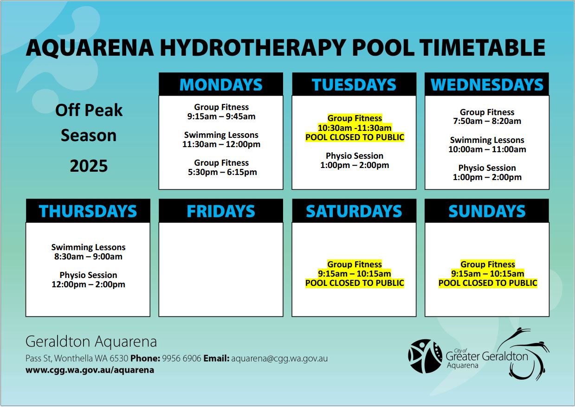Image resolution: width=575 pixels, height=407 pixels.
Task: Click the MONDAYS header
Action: click(x=221, y=84)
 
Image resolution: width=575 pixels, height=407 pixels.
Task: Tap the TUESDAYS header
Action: click(x=354, y=84)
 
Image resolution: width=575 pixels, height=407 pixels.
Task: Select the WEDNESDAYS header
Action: click(x=487, y=84)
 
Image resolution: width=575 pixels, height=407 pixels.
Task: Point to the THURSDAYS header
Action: click(x=88, y=211)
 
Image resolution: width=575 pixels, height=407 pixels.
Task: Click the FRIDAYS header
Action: click(x=221, y=211)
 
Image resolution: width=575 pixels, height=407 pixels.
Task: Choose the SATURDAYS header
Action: click(x=354, y=211)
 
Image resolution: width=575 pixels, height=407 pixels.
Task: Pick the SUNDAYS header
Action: click(x=487, y=211)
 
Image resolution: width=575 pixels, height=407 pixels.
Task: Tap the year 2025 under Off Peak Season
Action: click(x=89, y=166)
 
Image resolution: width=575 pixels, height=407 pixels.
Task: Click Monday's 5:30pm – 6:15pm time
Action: click(x=222, y=172)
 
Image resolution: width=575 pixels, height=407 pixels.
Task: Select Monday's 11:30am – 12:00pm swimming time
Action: click(x=221, y=144)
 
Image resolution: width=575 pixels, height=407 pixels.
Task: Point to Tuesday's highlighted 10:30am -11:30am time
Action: click(x=355, y=128)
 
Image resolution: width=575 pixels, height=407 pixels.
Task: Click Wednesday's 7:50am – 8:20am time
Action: click(x=487, y=121)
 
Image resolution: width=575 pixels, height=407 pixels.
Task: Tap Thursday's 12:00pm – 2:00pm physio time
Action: click(x=88, y=284)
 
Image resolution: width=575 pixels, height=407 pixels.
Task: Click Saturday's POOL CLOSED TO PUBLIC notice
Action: click(x=355, y=283)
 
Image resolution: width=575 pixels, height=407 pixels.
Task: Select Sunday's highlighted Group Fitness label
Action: click(x=488, y=264)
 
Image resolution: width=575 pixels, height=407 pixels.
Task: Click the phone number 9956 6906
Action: click(x=181, y=358)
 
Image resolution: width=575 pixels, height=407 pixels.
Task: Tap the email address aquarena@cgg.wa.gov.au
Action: click(x=279, y=358)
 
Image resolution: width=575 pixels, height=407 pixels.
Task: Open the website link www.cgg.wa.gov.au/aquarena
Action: click(x=90, y=370)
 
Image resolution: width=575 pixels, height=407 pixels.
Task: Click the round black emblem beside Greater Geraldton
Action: click(x=426, y=356)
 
